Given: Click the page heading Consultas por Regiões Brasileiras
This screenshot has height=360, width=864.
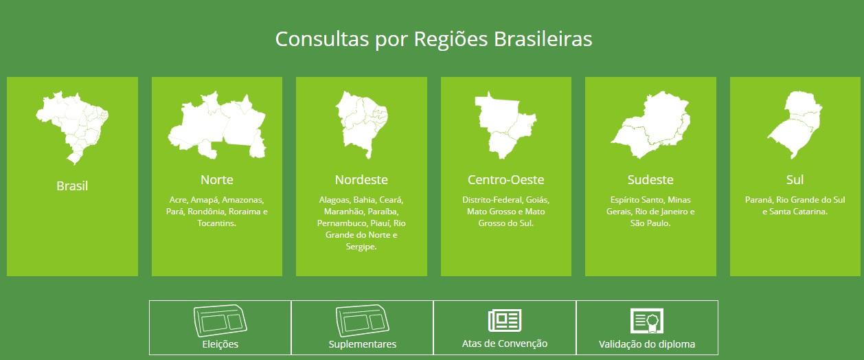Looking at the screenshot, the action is (x=433, y=39).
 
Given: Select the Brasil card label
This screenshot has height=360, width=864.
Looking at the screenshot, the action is (x=72, y=186).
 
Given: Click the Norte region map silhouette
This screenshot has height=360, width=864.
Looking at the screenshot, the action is (x=217, y=126).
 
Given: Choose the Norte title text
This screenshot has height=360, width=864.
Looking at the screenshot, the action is (x=217, y=180).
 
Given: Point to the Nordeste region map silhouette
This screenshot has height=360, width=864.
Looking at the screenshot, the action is (x=361, y=124).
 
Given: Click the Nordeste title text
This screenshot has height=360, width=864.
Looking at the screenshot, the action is (x=361, y=180).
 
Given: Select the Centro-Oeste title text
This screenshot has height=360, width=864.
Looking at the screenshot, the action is (x=505, y=180).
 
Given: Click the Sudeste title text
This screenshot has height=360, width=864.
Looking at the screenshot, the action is (x=650, y=180).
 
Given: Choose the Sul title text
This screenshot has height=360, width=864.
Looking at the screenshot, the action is (x=795, y=180).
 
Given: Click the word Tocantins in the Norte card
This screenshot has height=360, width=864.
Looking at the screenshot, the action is (x=216, y=223).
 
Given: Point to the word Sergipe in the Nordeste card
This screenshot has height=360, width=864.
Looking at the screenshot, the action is (x=360, y=247).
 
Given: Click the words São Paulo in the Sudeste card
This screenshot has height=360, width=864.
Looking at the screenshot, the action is (x=649, y=223).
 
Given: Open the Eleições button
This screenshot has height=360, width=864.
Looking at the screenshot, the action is (x=220, y=328).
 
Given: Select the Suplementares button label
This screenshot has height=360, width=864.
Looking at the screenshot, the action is (x=362, y=344).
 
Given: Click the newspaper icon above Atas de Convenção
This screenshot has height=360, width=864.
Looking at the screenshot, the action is (x=505, y=320).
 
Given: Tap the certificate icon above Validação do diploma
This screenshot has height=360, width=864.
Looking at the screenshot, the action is (x=647, y=321).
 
